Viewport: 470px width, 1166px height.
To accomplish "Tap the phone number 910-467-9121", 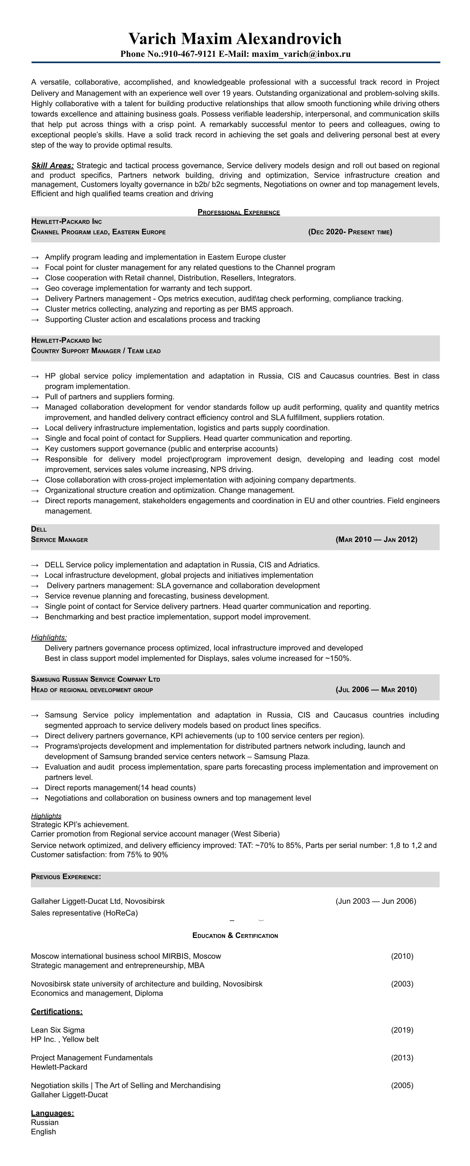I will [190, 54].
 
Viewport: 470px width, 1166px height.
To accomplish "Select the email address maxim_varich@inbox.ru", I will [301, 54].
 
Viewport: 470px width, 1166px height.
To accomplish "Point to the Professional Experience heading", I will [239, 212].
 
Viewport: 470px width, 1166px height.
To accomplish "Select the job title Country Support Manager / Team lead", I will [96, 351].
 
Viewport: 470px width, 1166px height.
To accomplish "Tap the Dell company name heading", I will [39, 529].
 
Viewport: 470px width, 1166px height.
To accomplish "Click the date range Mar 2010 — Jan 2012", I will [376, 539].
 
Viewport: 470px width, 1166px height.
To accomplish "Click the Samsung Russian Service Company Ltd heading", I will [96, 679].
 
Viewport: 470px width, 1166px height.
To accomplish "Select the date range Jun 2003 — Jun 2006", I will [376, 901].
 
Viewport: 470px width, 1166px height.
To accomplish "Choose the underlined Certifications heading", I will [57, 1012].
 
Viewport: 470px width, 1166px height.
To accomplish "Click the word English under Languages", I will [44, 1132].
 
